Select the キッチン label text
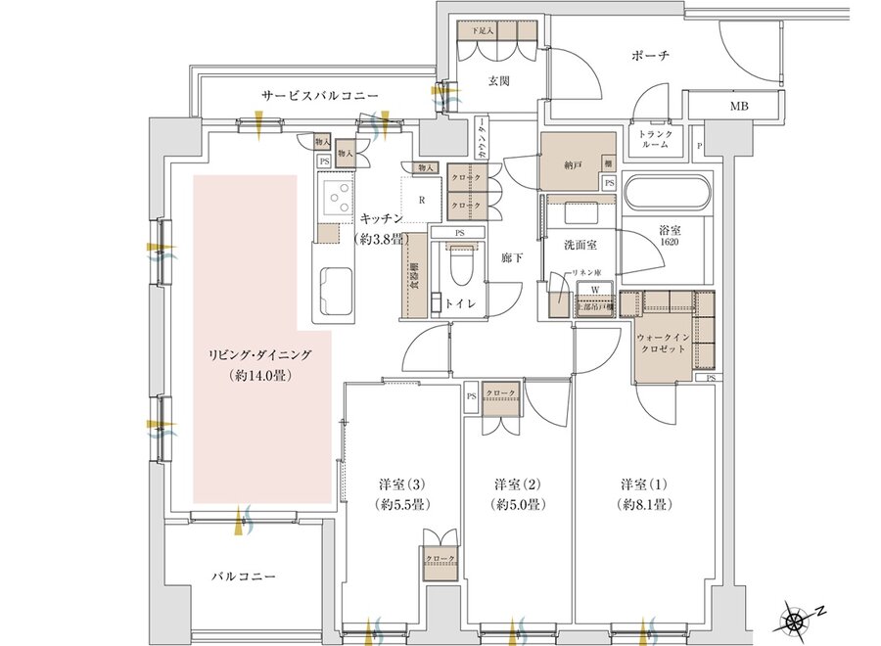(376, 220)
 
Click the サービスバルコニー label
(319, 96)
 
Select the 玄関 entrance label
(500, 81)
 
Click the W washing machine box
(594, 290)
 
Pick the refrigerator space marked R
(422, 200)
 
